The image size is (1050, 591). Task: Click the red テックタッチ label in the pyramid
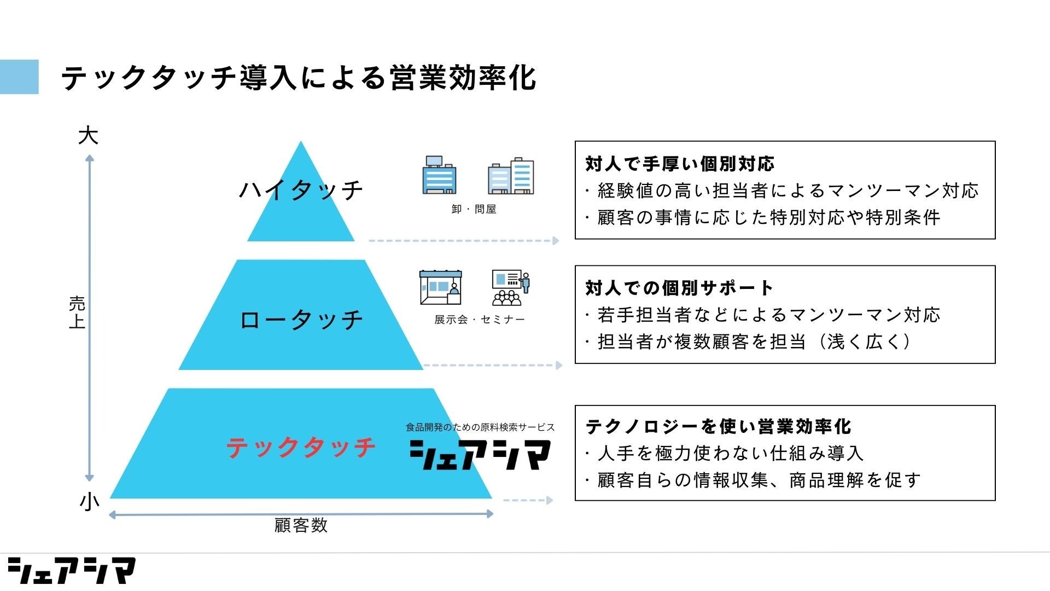coord(301,448)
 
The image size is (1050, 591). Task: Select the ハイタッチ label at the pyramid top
coord(301,190)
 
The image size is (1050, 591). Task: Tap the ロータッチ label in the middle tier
coord(301,320)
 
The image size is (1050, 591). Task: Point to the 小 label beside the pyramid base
coord(89,501)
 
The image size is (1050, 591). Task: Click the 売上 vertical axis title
coord(77,312)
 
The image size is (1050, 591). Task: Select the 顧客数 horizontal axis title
coord(301,526)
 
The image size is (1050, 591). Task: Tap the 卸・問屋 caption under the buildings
coord(474,210)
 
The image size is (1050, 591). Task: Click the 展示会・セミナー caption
coord(479,320)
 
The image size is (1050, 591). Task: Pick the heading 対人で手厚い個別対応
coord(680,164)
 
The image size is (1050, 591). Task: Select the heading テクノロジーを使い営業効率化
coord(718,427)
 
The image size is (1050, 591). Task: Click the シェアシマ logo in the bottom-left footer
coord(71,571)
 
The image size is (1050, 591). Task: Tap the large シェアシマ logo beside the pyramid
coord(480,455)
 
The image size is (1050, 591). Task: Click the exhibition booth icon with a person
coord(441,287)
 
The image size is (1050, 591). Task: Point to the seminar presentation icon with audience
coord(510,287)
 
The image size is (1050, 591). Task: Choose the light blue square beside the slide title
coord(19,77)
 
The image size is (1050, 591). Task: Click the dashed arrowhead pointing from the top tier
coord(556,241)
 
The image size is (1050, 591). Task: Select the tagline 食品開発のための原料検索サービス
coord(480,427)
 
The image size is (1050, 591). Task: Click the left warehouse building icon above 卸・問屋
coord(439,175)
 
